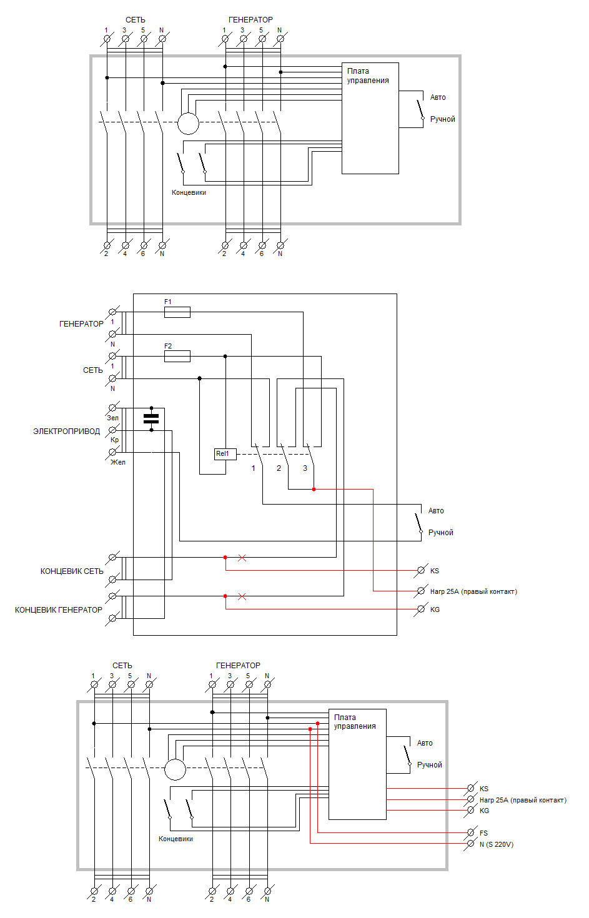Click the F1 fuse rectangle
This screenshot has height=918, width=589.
point(177,312)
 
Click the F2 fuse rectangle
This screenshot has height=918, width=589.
point(177,356)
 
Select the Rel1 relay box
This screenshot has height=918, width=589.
point(225,454)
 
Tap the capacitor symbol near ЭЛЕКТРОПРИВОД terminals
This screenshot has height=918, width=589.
point(151,419)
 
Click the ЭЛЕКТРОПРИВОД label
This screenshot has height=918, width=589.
point(66,431)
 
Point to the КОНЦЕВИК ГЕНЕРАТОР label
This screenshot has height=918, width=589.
point(59,610)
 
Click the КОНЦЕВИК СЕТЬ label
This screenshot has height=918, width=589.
point(72,571)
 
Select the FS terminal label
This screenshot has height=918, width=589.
point(483,833)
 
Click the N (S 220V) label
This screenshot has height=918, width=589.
point(497,844)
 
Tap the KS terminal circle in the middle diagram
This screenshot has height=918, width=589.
point(420,570)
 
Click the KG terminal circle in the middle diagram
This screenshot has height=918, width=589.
point(420,610)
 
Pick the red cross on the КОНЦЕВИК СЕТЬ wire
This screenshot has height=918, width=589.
point(242,558)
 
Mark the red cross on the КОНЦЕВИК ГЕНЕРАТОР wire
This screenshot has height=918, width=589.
point(242,597)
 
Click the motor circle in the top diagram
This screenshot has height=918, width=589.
point(188,124)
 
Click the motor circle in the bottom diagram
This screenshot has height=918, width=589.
point(175,769)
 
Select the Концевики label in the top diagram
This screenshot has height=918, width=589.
point(189,192)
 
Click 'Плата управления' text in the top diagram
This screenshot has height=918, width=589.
point(368,76)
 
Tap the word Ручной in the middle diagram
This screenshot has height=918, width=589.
point(440,532)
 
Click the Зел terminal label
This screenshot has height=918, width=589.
point(112,418)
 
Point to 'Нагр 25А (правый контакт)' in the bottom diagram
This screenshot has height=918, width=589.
point(523,800)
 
